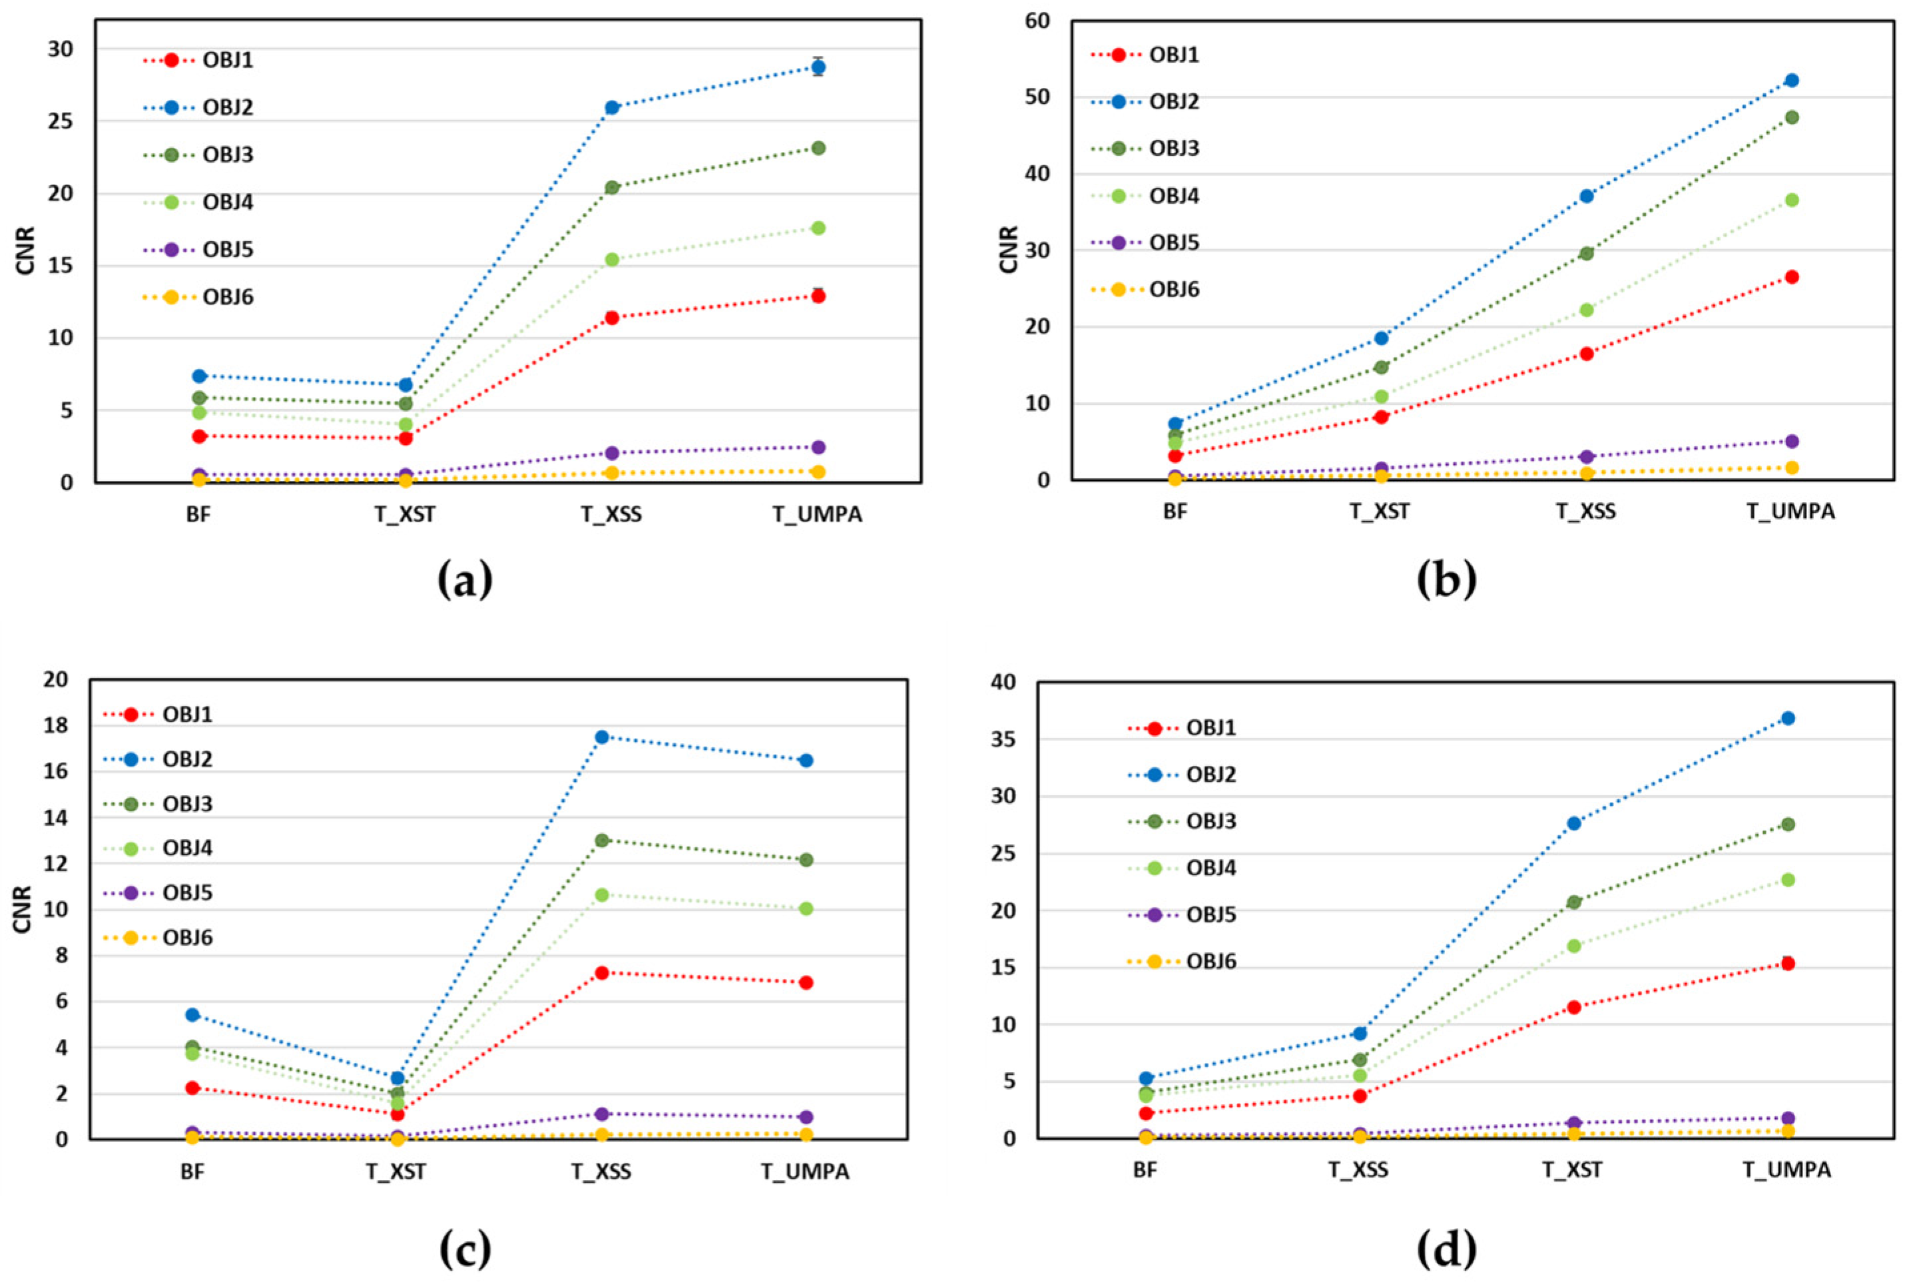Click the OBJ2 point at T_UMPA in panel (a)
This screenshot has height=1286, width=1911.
coord(818,67)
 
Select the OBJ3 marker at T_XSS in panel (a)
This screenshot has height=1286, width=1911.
coord(611,188)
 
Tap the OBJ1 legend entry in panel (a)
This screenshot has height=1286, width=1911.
coord(227,60)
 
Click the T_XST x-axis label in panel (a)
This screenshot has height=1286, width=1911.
coord(405,514)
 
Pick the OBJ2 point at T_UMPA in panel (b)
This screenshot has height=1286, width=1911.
coord(1791,81)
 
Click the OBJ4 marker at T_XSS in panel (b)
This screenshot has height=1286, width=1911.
coord(1586,310)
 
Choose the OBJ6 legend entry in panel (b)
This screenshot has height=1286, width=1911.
coord(1173,290)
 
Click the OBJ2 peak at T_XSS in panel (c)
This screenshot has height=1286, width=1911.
coord(602,737)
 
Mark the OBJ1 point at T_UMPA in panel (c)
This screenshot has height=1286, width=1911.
coord(806,982)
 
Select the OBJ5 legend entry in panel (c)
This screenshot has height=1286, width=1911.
coord(187,892)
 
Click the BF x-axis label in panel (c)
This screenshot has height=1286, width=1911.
coord(192,1171)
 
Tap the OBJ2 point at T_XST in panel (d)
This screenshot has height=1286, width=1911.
coord(1574,823)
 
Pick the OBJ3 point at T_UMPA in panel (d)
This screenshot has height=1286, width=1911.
coord(1788,824)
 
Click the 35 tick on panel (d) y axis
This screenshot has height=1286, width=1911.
coord(1003,740)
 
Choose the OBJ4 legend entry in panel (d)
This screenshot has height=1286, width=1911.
coord(1211,868)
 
